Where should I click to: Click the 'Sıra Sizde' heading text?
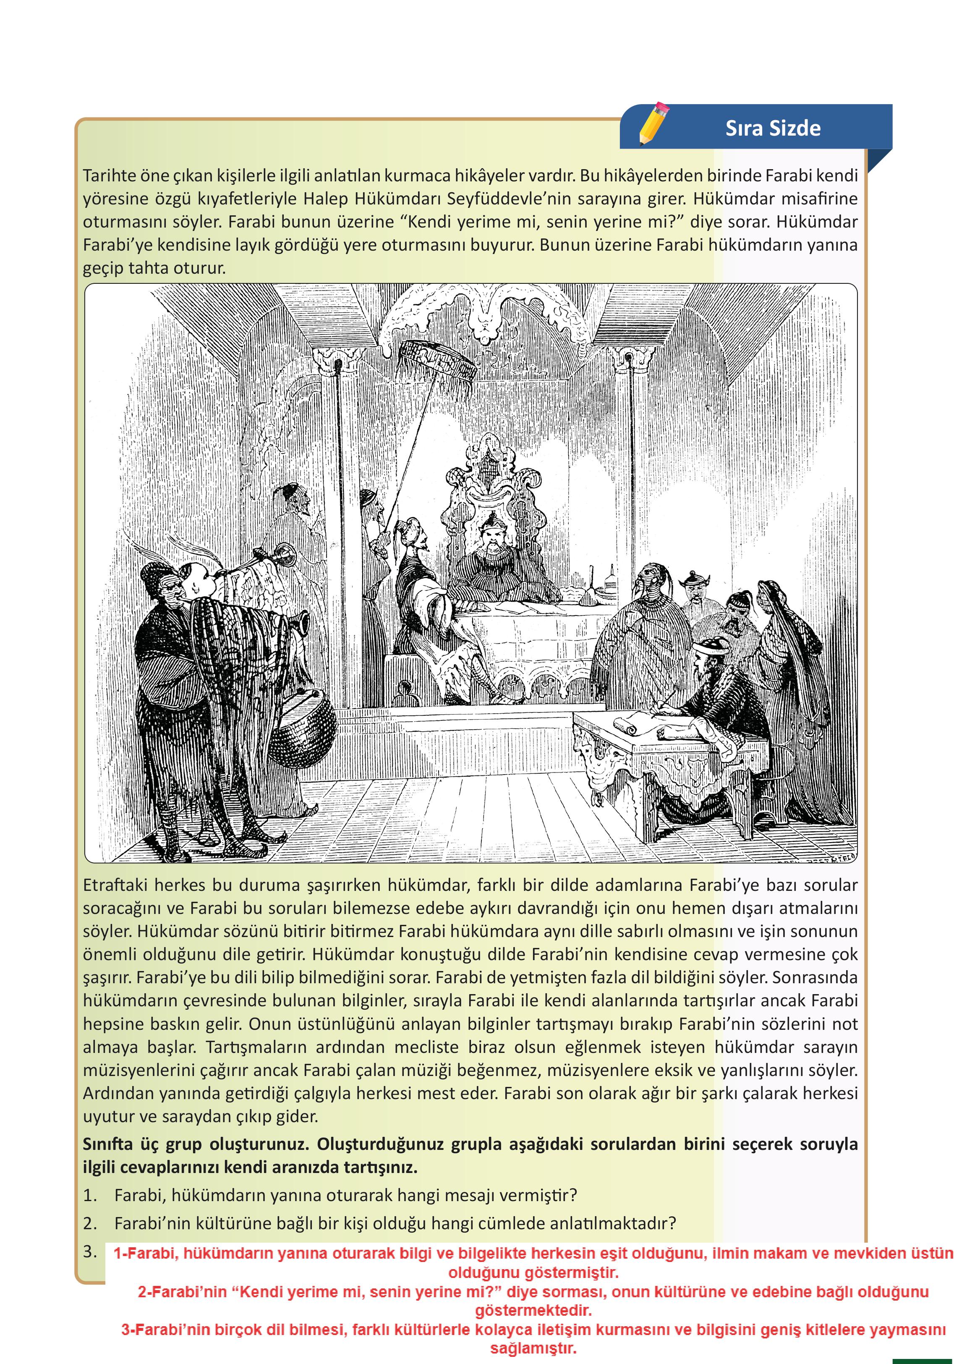click(x=772, y=128)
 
